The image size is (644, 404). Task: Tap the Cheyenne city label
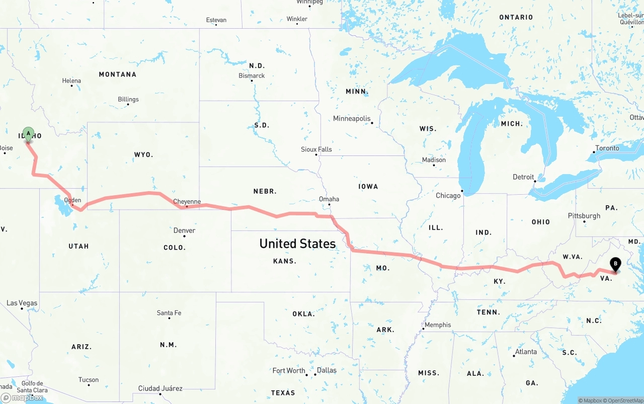[187, 202]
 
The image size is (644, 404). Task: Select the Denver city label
[184, 230]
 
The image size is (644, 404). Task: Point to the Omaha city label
[329, 199]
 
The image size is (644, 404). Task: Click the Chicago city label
[448, 195]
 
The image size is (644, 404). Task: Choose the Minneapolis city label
[352, 119]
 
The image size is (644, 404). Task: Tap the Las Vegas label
[22, 303]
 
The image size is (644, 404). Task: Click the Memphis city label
[438, 325]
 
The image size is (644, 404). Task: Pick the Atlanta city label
[526, 352]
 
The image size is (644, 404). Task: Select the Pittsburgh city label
[584, 216]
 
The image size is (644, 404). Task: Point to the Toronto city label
[607, 148]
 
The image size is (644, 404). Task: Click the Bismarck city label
[252, 76]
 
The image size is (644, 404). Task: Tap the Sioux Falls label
[316, 149]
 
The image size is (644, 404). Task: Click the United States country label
[297, 244]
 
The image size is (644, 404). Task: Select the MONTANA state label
[117, 74]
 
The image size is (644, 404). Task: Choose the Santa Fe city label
[169, 313]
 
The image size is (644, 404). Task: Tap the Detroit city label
[523, 177]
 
